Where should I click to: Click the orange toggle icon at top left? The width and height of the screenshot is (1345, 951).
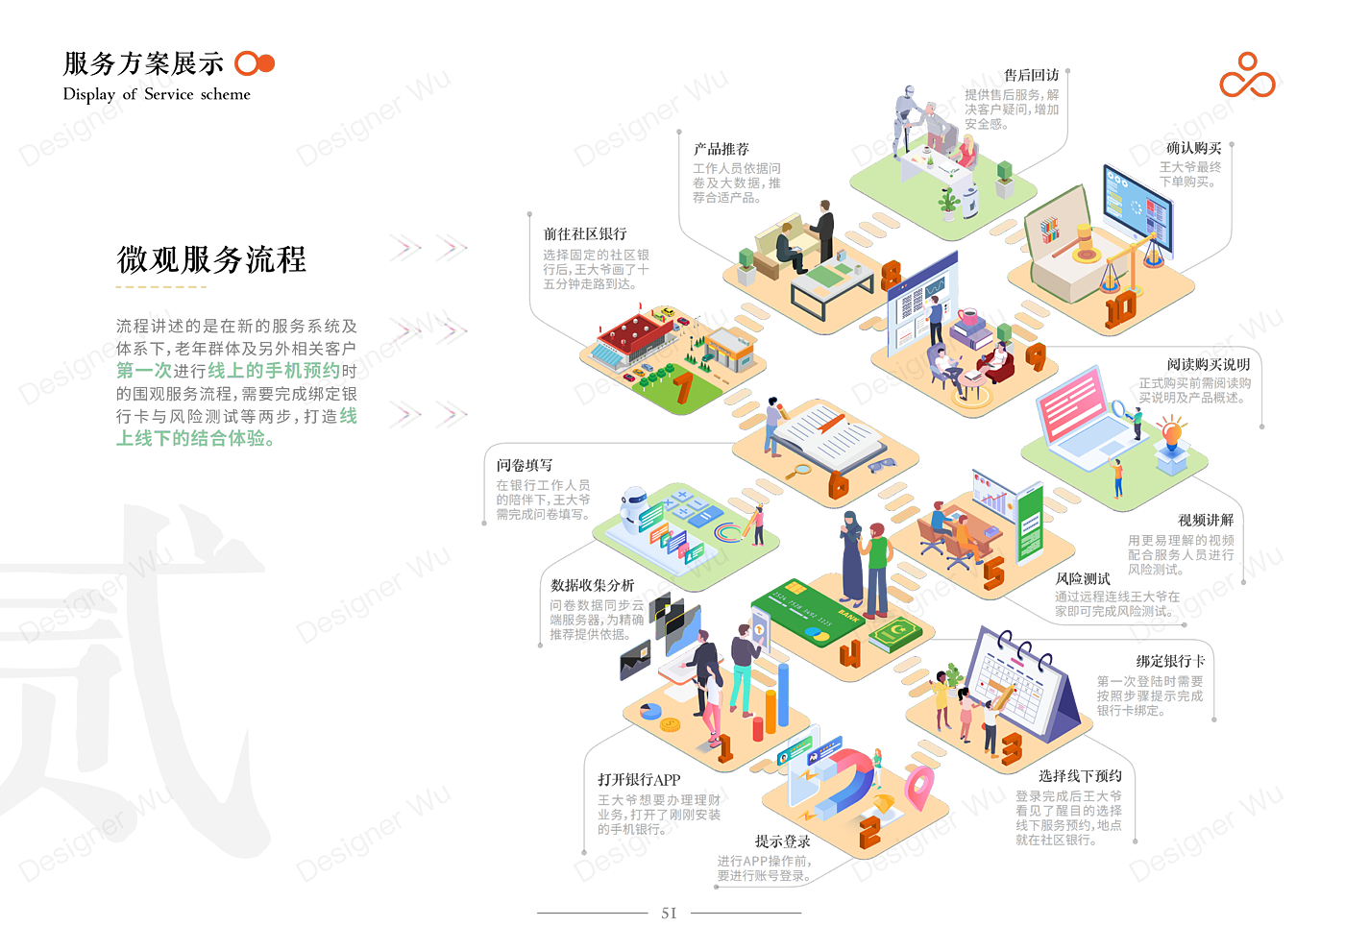[255, 63]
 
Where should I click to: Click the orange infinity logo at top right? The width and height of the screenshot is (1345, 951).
[1248, 77]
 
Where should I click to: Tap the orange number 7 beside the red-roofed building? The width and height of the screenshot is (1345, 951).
[682, 388]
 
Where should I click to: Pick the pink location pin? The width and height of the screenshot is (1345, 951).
[918, 786]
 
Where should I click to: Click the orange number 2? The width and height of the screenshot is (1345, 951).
[869, 832]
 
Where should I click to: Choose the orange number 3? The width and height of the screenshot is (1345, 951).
[1011, 748]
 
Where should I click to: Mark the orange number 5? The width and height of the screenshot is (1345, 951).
[993, 571]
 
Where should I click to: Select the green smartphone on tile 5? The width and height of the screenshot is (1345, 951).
[1030, 524]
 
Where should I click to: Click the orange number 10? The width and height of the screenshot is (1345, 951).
[1120, 309]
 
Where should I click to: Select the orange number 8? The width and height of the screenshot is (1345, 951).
[892, 274]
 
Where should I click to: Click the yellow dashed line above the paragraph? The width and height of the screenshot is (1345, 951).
[160, 287]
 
